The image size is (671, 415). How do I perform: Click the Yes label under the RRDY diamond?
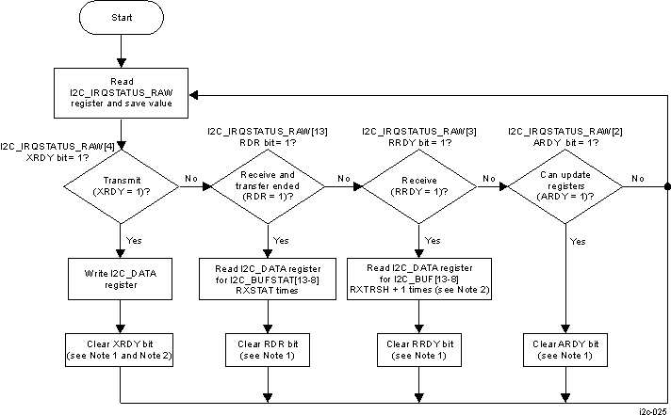click(432, 240)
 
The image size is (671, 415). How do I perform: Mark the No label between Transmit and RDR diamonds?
click(191, 177)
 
